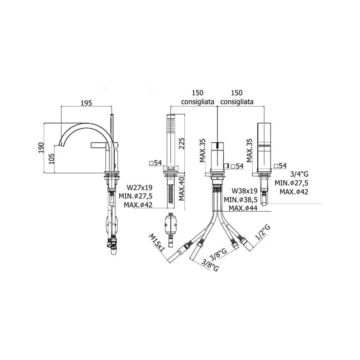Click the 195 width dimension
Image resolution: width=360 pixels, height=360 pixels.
pos(86,103)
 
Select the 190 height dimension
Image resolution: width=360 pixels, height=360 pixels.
pos(41,148)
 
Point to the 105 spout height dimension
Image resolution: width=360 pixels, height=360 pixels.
pos(51,159)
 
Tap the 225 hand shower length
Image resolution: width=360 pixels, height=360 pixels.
pos(181,143)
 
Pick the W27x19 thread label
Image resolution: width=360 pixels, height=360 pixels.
pos(140,188)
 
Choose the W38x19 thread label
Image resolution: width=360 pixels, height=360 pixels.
pos(244,191)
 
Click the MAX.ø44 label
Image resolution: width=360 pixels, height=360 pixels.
pos(243,208)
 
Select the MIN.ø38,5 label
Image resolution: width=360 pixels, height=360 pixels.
pos(240,199)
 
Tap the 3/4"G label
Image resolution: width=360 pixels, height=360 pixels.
pos(299,174)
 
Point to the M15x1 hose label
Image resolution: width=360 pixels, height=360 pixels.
pos(157,243)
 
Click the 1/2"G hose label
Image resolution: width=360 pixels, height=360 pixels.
pos(263,232)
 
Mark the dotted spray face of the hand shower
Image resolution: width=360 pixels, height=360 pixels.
pos(171,125)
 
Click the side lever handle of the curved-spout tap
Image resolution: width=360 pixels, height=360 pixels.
pos(100,145)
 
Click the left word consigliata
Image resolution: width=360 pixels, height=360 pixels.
pos(198,102)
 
